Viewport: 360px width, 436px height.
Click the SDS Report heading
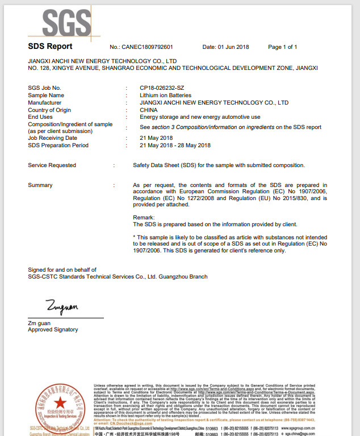[50, 47]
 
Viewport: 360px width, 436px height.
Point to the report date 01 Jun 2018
[234, 47]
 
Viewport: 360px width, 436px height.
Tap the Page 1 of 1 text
[282, 47]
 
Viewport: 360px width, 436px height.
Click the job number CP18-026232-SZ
[162, 88]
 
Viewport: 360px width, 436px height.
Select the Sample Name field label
[46, 95]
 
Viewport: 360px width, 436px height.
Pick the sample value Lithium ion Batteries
[165, 95]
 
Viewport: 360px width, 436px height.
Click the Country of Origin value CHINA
[148, 110]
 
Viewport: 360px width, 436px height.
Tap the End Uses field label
[40, 117]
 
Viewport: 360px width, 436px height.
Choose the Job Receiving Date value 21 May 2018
[156, 138]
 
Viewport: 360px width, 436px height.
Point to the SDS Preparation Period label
[58, 145]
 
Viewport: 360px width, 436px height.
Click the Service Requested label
[52, 165]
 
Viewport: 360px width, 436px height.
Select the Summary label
[40, 185]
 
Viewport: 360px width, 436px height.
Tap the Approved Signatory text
[53, 330]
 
